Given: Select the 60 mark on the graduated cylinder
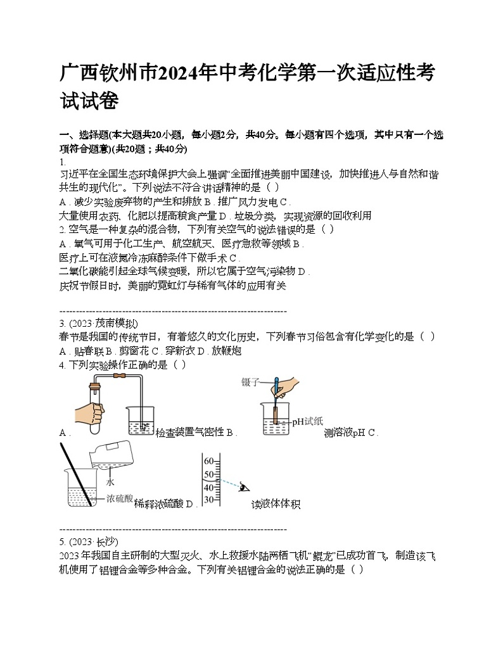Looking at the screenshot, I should [x=208, y=461].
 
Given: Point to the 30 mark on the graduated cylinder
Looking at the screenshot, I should [x=208, y=500].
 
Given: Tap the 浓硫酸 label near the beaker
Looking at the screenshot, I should [x=120, y=498].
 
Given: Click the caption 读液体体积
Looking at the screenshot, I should [x=275, y=504].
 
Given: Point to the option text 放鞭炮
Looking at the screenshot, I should [x=224, y=351].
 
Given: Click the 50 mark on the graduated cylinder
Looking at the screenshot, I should [x=208, y=474].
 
